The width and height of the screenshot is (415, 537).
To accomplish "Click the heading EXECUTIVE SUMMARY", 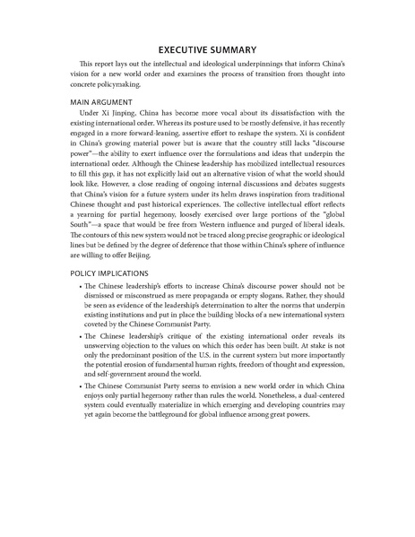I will coord(207,50).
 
